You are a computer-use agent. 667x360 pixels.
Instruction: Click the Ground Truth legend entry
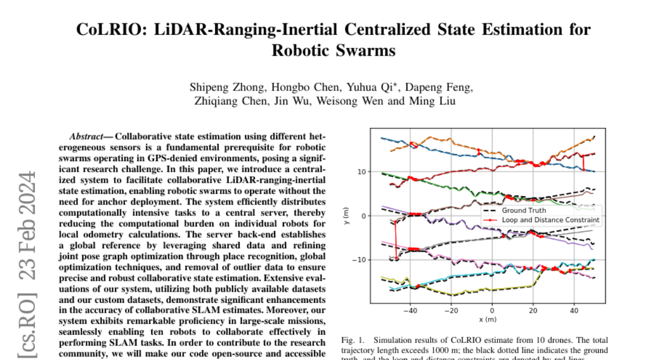[x=523, y=211]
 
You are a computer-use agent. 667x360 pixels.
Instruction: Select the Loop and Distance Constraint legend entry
[x=550, y=220]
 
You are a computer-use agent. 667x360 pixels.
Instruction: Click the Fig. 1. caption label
[x=349, y=340]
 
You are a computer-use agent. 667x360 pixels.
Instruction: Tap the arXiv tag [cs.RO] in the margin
[x=27, y=327]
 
